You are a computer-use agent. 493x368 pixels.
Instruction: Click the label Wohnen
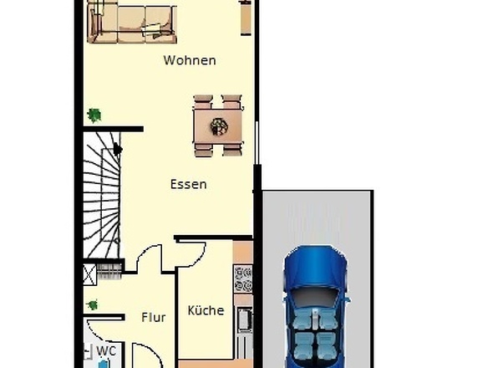point(190,60)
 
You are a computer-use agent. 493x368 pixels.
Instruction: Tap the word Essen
point(188,184)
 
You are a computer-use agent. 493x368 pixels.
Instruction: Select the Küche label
point(206,310)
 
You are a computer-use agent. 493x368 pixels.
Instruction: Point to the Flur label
point(153,317)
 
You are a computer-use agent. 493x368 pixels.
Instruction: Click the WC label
point(106,350)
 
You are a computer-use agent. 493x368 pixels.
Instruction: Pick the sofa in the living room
point(132,23)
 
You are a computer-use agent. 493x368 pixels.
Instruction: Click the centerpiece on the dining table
point(219,126)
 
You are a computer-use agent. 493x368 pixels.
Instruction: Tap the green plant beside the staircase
point(94,115)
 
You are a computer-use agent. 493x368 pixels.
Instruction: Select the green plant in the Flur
point(92,305)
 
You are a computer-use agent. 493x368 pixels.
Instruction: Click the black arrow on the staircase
point(118,150)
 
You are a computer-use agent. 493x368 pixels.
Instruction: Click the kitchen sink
point(243,319)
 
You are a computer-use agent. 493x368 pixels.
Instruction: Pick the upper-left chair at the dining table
point(204,102)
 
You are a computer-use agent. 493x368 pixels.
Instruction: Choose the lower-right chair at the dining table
point(232,150)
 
